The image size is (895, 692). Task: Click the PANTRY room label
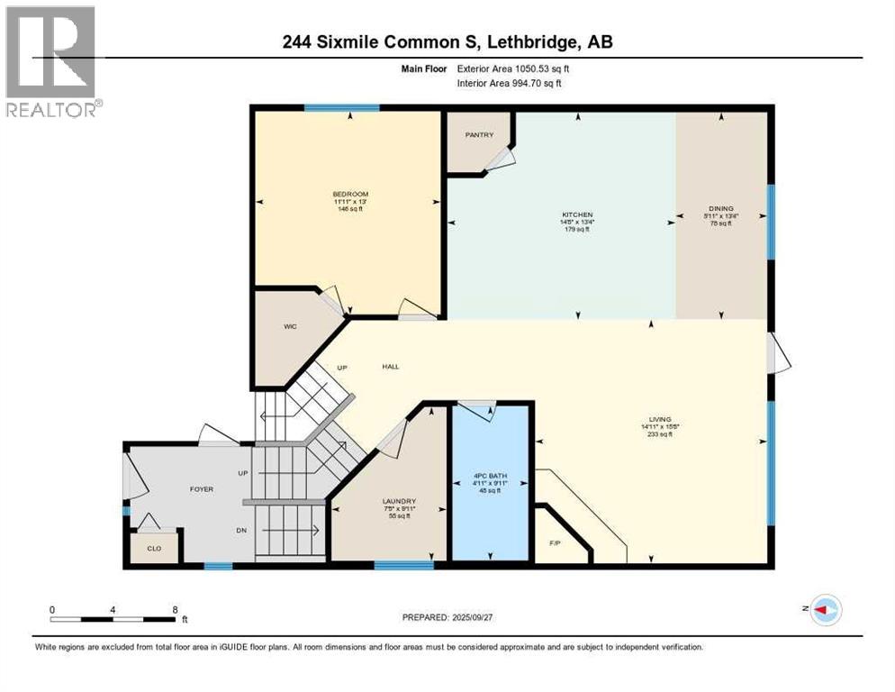pos(479,135)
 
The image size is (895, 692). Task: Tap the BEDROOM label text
pos(350,195)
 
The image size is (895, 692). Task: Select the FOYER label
pos(201,489)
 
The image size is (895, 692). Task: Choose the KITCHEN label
pos(576,215)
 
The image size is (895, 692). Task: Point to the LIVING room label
pos(662,418)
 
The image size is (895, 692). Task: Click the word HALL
pos(390,367)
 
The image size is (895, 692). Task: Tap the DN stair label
pos(241,531)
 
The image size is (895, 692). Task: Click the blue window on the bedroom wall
pos(340,108)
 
